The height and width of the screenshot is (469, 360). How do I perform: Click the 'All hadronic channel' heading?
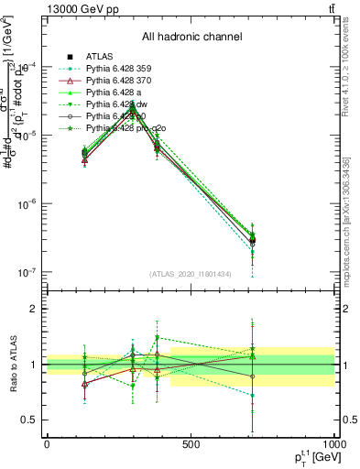tap(191, 37)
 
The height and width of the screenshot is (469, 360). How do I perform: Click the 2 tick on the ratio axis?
tap(36, 309)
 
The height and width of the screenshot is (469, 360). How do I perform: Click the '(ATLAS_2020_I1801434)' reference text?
tap(191, 275)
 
